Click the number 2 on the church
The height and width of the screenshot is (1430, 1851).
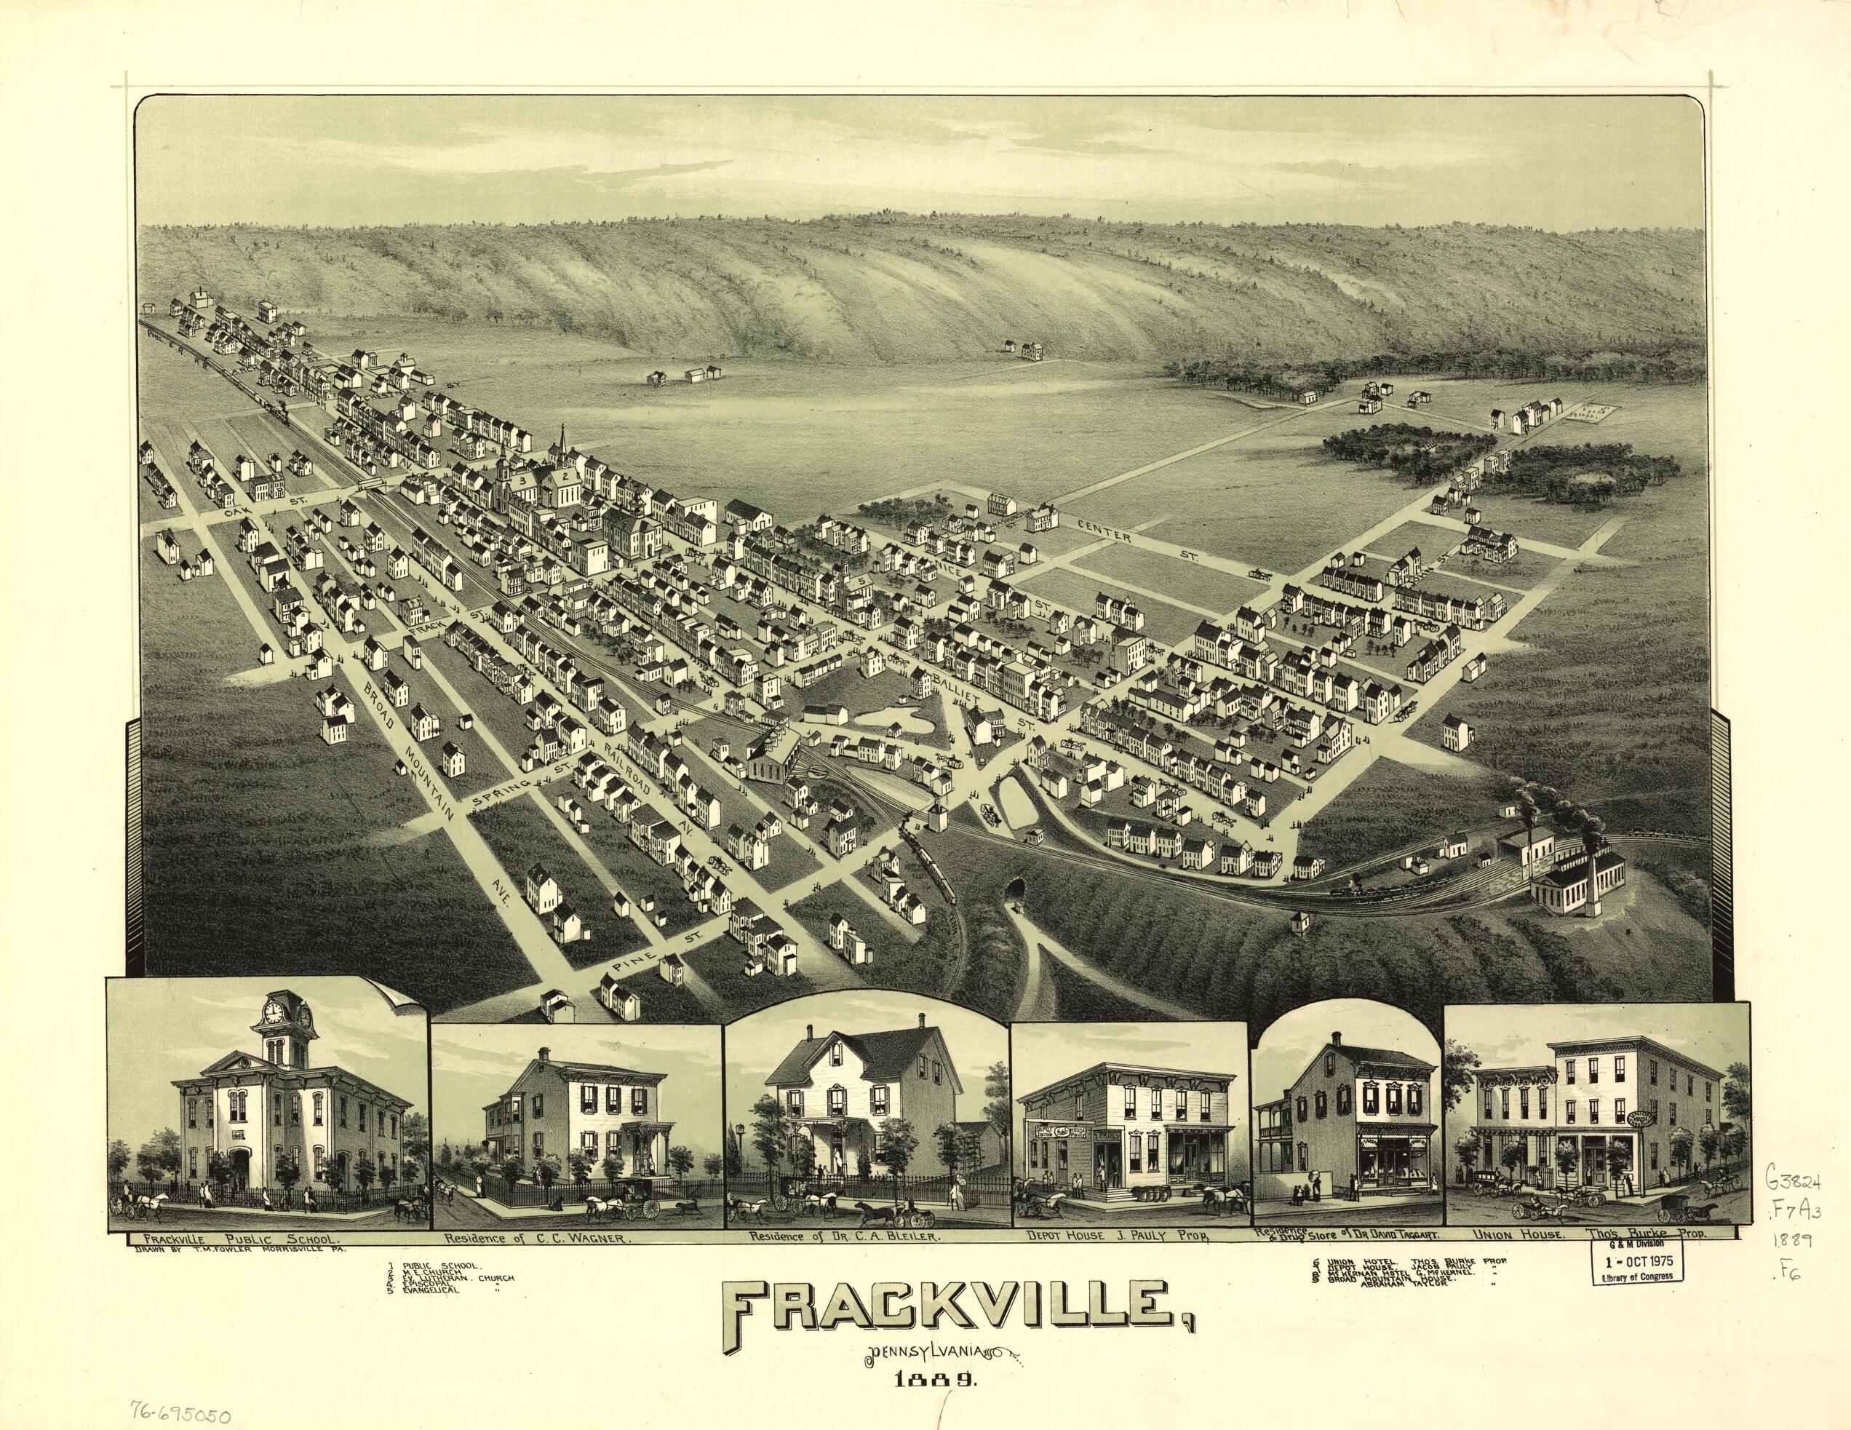562,477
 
